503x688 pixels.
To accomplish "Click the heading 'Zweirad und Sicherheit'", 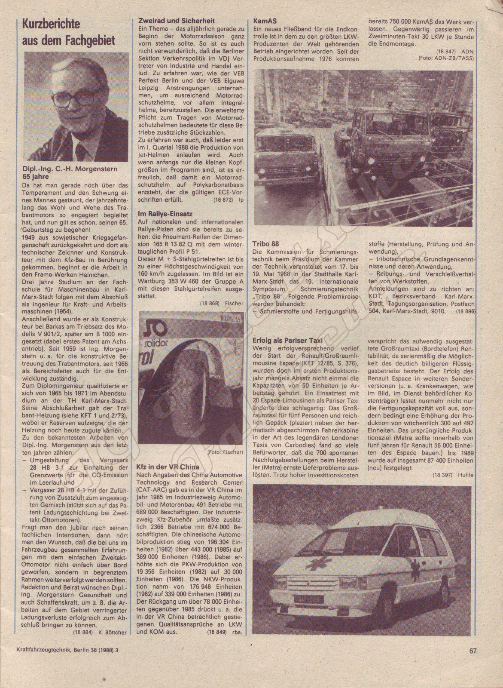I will [176, 21].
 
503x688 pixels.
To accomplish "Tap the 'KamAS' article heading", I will [265, 20].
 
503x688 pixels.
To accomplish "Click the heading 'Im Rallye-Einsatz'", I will [165, 213].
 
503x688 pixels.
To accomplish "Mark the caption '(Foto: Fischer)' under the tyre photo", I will [225, 452].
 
